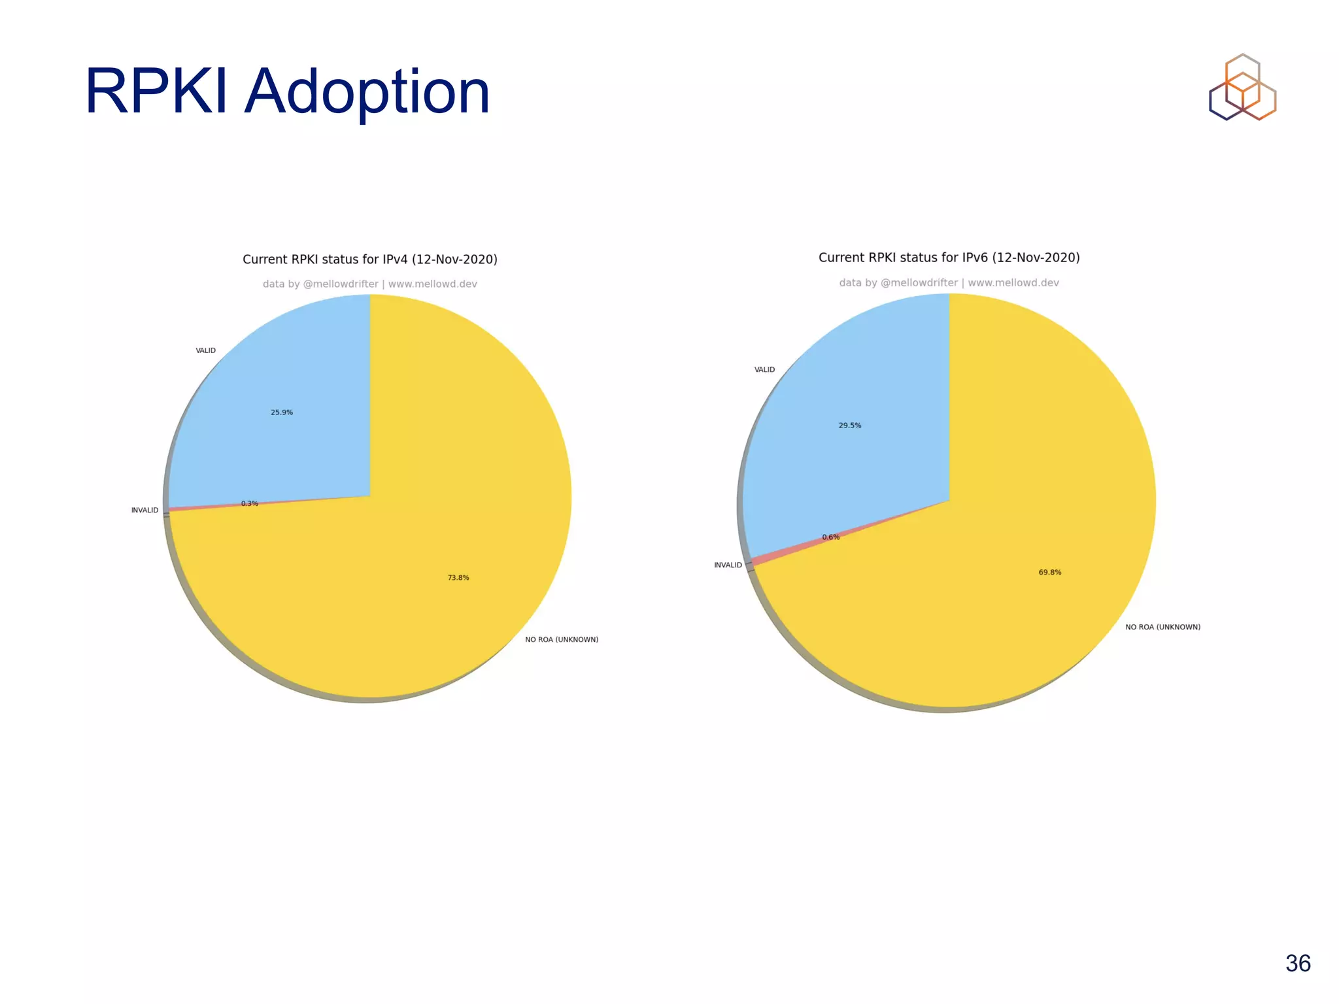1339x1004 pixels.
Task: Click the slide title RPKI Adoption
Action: click(x=287, y=92)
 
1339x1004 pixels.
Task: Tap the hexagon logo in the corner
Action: click(x=1242, y=88)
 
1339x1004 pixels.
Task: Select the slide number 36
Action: click(x=1298, y=963)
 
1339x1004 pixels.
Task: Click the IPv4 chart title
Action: click(x=370, y=259)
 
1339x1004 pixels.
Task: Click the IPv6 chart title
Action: click(x=949, y=258)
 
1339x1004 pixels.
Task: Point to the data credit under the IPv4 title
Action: click(x=370, y=284)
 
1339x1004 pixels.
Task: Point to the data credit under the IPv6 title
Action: click(x=949, y=282)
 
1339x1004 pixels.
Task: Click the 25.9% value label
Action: click(x=282, y=412)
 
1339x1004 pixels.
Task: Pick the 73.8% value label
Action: click(x=458, y=578)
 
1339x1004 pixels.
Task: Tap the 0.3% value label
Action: click(x=250, y=503)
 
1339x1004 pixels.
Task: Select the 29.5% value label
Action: click(x=850, y=426)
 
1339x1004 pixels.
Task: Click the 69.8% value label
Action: click(x=1050, y=573)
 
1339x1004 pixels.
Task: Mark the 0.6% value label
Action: click(x=831, y=537)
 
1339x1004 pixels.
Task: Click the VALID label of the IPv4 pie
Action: click(x=206, y=350)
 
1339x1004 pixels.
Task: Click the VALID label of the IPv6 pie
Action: click(x=765, y=370)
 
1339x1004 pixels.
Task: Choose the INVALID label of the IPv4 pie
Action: click(x=144, y=510)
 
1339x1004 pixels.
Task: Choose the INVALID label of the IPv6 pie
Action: click(x=728, y=565)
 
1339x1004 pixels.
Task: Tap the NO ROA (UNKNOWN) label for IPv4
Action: click(x=562, y=640)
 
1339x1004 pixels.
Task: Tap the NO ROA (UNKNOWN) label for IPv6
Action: click(x=1162, y=627)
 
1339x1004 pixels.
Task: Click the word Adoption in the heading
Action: click(x=367, y=92)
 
